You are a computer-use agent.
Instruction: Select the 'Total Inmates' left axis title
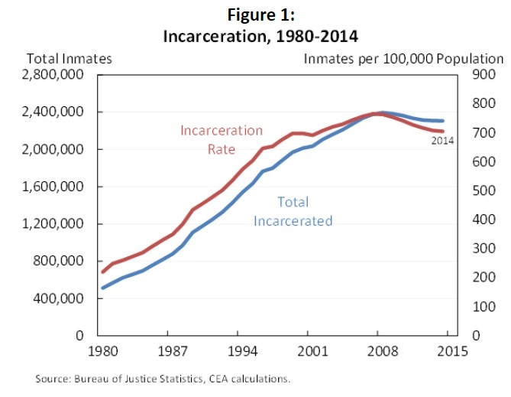(70, 58)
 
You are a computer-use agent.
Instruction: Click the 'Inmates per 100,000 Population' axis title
(404, 58)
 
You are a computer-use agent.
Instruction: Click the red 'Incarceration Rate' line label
(222, 140)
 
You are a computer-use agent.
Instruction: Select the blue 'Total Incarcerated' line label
(293, 212)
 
